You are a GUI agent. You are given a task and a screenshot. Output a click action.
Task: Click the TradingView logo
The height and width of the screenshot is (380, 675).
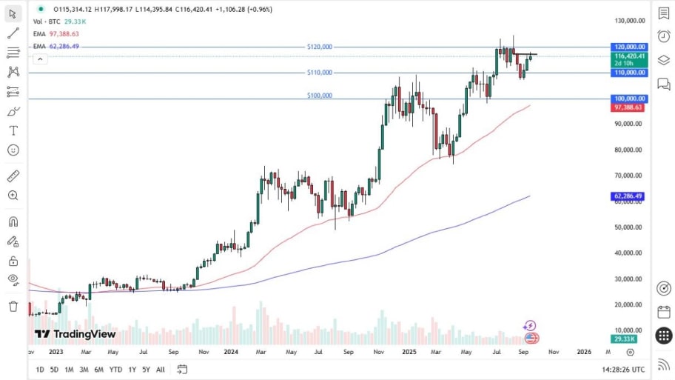[x=75, y=334]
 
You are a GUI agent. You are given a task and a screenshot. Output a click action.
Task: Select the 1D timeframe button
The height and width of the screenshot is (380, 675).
[x=40, y=369]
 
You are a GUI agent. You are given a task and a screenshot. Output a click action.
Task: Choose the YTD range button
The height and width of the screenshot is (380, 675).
[x=115, y=369]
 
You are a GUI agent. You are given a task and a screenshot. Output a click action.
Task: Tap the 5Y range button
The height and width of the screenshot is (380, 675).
[x=146, y=369]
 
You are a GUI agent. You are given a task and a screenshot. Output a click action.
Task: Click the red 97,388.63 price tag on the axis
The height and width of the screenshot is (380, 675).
[x=628, y=107]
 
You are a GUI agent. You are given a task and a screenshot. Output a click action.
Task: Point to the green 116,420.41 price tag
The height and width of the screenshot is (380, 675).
[x=629, y=56]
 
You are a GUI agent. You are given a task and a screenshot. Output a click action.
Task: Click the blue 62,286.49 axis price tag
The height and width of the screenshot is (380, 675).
[x=629, y=196]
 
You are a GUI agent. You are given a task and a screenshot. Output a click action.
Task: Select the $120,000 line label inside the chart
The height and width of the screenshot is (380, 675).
[x=320, y=47]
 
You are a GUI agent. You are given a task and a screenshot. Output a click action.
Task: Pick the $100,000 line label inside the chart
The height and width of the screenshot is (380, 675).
[x=320, y=96]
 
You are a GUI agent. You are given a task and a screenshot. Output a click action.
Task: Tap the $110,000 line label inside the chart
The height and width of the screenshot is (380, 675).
[x=320, y=73]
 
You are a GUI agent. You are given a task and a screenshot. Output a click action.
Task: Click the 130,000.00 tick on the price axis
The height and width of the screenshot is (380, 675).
[x=628, y=21]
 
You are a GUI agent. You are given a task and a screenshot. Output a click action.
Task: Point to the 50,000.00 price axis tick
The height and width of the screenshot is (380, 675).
[x=628, y=227]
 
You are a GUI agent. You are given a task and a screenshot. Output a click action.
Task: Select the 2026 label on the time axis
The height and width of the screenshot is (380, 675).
[x=583, y=352]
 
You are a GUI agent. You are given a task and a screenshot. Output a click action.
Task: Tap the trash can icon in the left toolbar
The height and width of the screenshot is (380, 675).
[x=13, y=305]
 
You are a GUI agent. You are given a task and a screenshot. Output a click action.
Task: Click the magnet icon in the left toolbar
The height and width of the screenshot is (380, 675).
[x=13, y=221]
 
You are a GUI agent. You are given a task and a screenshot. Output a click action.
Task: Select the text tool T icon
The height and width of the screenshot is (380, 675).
[x=13, y=130]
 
